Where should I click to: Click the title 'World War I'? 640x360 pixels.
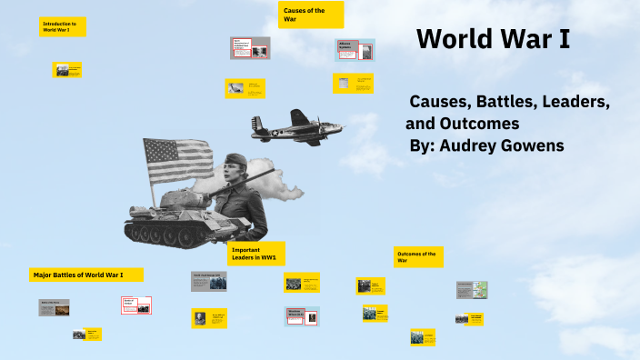coord(493,40)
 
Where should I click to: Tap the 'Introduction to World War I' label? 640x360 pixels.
coord(63,26)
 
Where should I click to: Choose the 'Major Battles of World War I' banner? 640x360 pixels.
coord(85,274)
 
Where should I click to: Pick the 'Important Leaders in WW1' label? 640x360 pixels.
coord(255,254)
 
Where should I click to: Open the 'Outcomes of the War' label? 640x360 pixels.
coord(417,256)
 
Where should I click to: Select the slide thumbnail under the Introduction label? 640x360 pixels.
coord(68,70)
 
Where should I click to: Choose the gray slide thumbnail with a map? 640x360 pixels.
coord(473,289)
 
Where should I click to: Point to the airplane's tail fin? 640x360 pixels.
coord(259,126)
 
